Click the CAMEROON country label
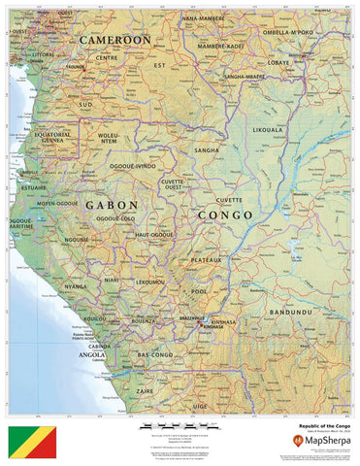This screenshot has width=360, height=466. pyautogui.click(x=115, y=40)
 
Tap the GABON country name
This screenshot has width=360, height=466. pyautogui.click(x=111, y=206)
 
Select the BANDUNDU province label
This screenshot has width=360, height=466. pyautogui.click(x=291, y=313)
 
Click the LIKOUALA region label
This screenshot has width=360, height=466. pyautogui.click(x=268, y=128)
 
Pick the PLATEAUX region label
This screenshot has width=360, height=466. pyautogui.click(x=207, y=260)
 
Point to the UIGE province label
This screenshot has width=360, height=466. pyautogui.click(x=201, y=406)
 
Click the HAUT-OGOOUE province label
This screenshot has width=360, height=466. pyautogui.click(x=154, y=235)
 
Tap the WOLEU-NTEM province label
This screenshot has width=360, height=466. pyautogui.click(x=109, y=139)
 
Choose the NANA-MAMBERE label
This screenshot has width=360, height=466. pyautogui.click(x=204, y=18)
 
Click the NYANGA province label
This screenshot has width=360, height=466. pyautogui.click(x=76, y=286)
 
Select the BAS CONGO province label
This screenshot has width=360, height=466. pyautogui.click(x=154, y=356)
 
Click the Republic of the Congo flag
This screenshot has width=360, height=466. pyautogui.click(x=32, y=441)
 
